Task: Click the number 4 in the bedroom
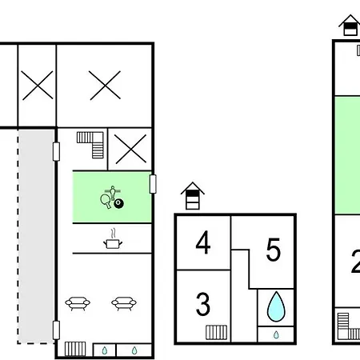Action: click(203, 242)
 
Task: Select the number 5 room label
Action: click(274, 250)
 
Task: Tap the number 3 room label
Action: click(203, 304)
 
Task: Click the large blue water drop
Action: click(276, 306)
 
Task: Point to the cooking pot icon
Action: click(113, 239)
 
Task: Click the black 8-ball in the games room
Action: click(118, 203)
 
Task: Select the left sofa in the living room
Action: click(78, 303)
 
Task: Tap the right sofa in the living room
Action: click(124, 303)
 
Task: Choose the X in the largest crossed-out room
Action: click(105, 86)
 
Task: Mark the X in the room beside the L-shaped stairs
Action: click(130, 149)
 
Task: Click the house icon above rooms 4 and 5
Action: click(193, 196)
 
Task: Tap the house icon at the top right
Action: click(350, 25)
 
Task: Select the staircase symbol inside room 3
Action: click(217, 332)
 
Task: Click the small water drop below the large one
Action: click(276, 334)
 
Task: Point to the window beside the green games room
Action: click(153, 184)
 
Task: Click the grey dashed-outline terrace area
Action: click(36, 236)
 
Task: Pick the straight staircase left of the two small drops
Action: click(75, 349)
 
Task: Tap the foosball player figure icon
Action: click(113, 193)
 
